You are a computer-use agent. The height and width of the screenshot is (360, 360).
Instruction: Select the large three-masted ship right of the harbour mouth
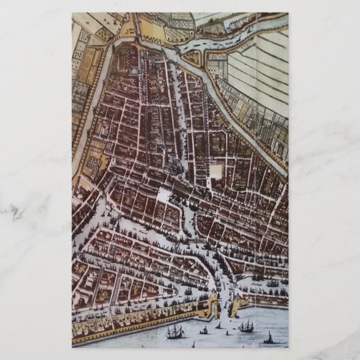tap(245, 326)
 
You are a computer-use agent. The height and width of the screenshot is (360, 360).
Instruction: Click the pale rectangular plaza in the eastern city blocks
tap(216, 170)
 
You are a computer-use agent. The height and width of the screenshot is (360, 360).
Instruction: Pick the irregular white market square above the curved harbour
tap(163, 195)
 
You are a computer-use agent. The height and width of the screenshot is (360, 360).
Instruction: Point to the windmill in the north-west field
tap(115, 18)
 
